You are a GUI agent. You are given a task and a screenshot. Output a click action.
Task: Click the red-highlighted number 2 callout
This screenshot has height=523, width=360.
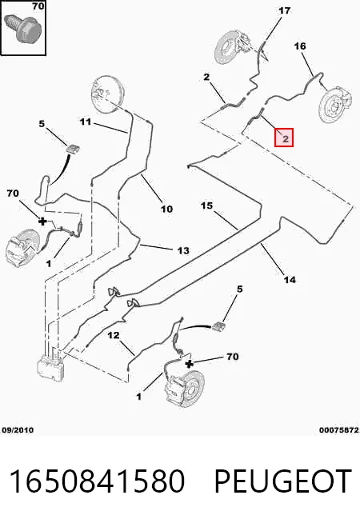coord(284,138)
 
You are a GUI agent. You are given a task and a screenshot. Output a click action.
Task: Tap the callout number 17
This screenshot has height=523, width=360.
coord(285,10)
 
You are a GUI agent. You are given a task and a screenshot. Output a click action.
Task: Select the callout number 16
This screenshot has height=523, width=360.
coord(300,46)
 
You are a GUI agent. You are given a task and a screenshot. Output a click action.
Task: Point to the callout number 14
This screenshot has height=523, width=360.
coord(290,279)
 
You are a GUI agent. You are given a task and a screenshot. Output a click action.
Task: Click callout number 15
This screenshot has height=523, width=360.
coord(206,206)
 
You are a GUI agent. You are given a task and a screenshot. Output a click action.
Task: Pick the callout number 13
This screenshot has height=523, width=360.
coord(183,250)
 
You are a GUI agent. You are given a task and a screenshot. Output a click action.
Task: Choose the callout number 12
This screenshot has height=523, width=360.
coord(114,335)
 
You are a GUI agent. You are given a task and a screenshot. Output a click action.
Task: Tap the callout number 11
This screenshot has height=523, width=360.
coord(86,122)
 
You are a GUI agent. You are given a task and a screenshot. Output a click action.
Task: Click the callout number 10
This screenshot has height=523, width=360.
coord(166,210)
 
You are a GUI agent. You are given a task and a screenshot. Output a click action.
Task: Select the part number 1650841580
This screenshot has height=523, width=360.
coord(97,481)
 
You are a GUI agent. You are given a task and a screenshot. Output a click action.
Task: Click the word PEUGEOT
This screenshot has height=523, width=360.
coord(282,481)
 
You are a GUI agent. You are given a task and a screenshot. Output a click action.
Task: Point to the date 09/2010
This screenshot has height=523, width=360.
coord(18,430)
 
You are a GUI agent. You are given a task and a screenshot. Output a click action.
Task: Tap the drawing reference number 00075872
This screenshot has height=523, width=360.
coord(339,430)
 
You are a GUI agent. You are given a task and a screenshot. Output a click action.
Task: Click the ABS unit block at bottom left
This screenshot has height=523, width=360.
coord(51,366)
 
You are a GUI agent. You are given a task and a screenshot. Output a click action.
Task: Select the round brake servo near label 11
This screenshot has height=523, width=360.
coord(108,90)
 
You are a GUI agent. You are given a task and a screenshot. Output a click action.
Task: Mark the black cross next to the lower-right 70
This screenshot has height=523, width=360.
coord(189,364)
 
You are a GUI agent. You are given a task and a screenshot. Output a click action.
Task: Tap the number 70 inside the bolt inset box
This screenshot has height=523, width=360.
coord(38,6)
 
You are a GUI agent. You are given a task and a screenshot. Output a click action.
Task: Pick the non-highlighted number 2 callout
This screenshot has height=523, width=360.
coord(206,77)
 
